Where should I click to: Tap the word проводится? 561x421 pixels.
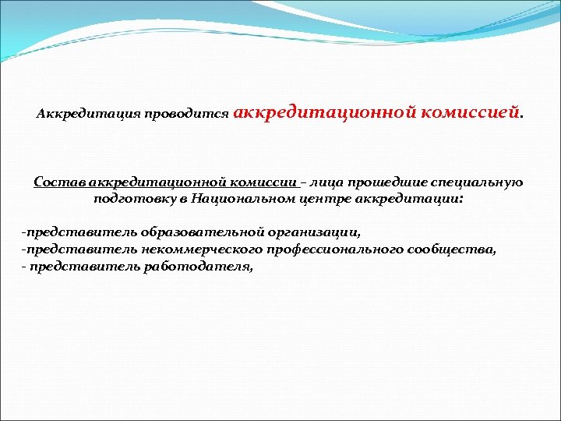tap(192, 115)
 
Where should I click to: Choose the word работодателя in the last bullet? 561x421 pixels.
tap(201, 266)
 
